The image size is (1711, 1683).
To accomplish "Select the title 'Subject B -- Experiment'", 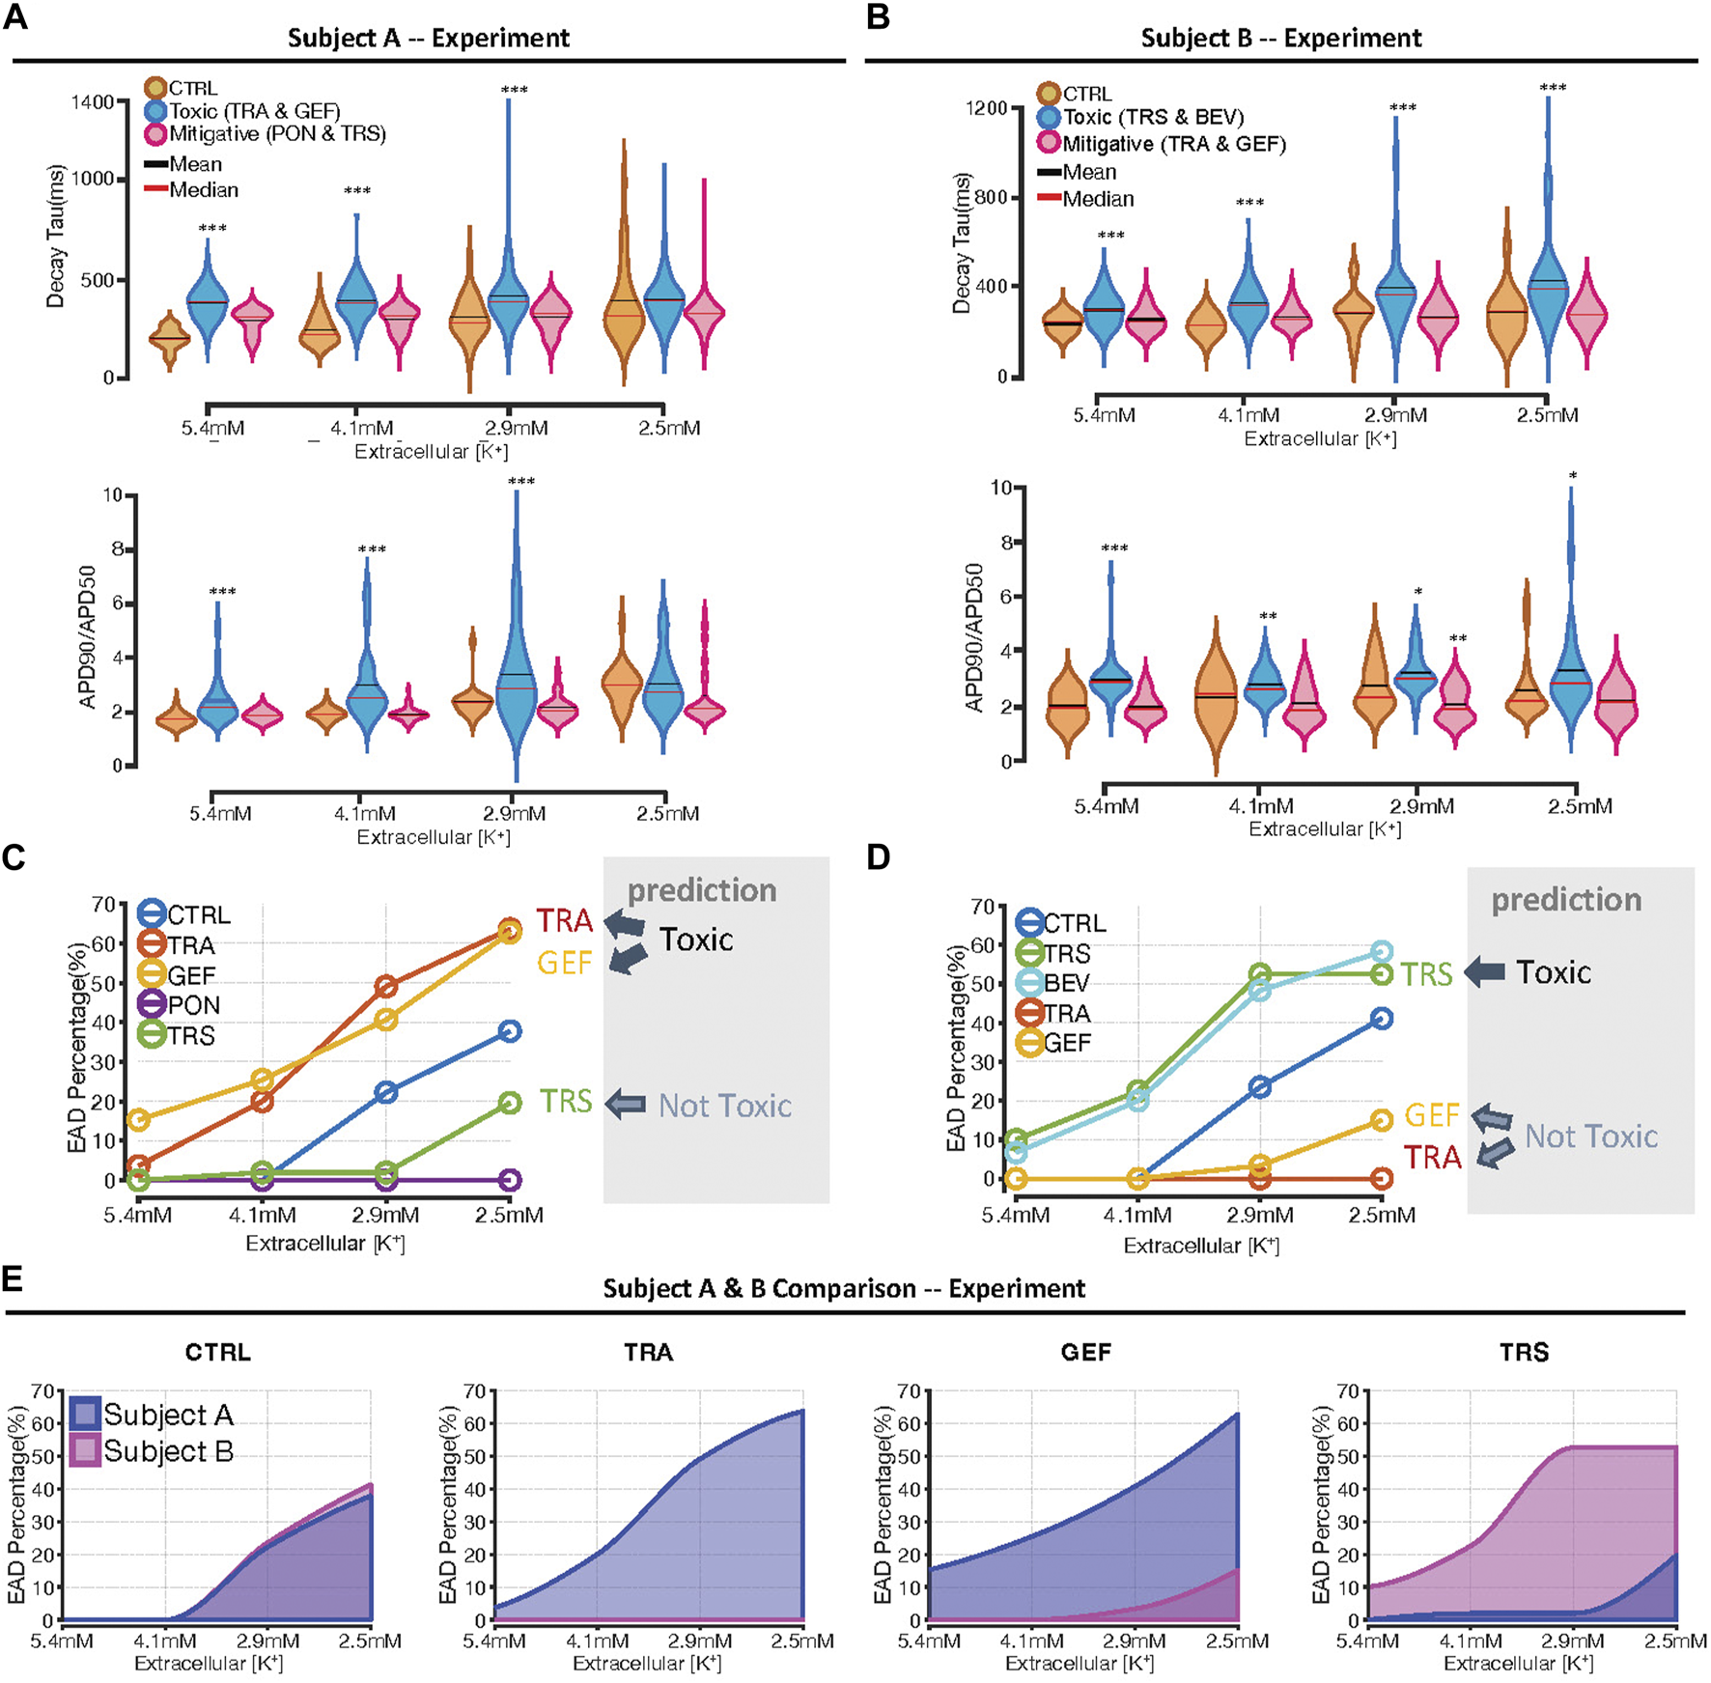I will (x=1280, y=39).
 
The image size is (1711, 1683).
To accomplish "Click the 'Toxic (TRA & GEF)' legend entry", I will (x=254, y=111).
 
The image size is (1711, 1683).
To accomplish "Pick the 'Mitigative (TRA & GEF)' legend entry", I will (x=1173, y=144).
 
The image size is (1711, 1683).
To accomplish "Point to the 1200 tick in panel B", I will (x=986, y=108).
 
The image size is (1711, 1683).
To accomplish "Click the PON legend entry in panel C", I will (x=193, y=1005).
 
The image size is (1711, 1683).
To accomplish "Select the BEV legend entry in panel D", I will (x=1066, y=983).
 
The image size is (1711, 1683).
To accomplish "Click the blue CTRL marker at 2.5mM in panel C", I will (x=510, y=1031).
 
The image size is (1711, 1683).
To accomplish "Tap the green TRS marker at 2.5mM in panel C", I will (x=510, y=1103).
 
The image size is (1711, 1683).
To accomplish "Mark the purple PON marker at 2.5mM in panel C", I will (x=510, y=1180).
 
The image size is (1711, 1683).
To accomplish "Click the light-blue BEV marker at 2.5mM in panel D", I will (x=1382, y=952).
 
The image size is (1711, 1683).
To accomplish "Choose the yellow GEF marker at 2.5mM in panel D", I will (x=1382, y=1120).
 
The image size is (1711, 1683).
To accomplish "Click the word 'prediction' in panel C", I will (x=702, y=890).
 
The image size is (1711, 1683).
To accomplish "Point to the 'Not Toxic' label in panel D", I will (x=1590, y=1136).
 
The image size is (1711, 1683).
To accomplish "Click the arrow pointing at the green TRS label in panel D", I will (x=1485, y=972).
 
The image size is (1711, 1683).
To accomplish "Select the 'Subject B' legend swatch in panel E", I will (x=85, y=1451).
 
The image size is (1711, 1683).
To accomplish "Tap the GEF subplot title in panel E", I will (x=1085, y=1352).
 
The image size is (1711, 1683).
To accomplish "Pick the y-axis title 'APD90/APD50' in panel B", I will (x=974, y=637).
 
